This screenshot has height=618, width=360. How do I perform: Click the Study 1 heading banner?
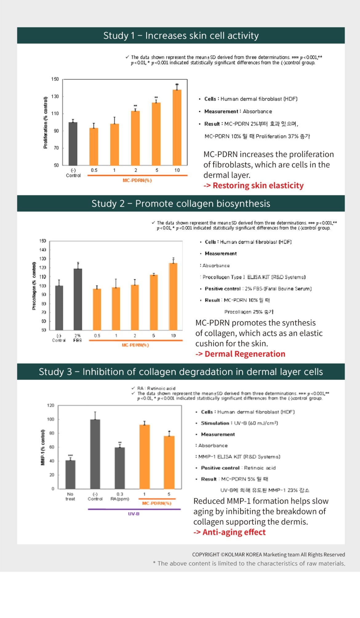tap(181, 36)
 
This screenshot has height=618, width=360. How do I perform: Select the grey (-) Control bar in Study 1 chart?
tap(73, 144)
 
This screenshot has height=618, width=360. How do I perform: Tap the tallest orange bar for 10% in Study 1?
tap(177, 127)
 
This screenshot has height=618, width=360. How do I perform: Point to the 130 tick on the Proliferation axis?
tap(55, 96)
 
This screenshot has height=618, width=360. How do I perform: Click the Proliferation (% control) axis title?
tap(46, 122)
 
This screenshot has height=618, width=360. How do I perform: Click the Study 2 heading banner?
tap(181, 204)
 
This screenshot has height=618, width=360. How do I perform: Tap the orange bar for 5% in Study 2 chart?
tap(154, 302)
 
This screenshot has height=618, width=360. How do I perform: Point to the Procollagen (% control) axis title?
tap(34, 286)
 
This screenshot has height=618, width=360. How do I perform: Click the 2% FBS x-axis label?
tap(78, 338)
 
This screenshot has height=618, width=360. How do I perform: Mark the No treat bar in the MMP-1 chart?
tap(70, 474)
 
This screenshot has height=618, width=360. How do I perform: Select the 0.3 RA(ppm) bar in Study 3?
tap(120, 468)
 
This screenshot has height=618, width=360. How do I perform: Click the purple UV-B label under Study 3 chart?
tap(134, 514)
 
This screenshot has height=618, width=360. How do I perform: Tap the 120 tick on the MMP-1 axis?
tap(51, 405)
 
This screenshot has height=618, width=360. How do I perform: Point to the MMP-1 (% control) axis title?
tap(43, 447)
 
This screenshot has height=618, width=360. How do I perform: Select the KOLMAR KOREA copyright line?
tap(268, 554)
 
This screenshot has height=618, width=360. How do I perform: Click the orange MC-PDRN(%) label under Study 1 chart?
tap(137, 180)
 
